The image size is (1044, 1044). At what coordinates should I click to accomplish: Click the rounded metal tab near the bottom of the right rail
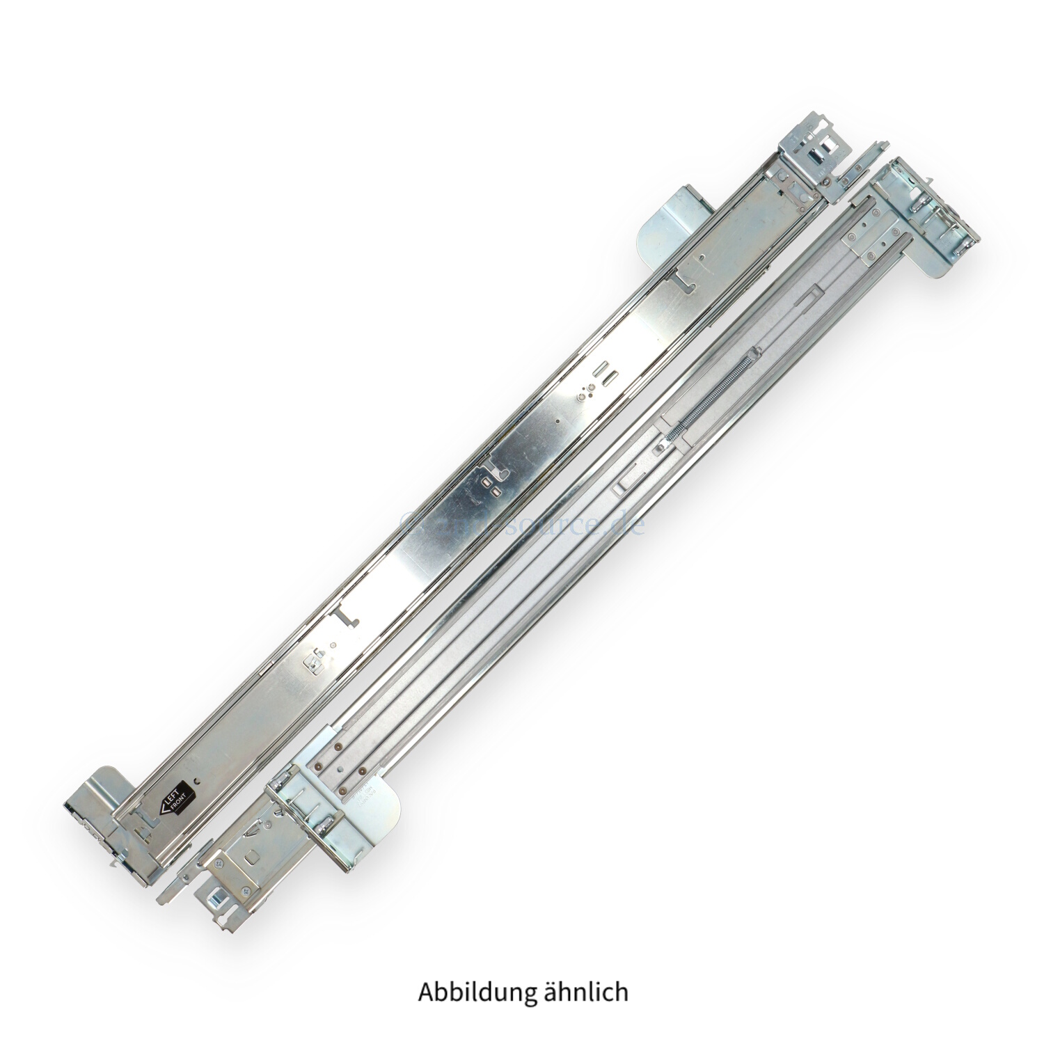pyautogui.click(x=379, y=808)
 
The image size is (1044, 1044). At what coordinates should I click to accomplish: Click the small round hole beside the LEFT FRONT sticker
pyautogui.click(x=199, y=780)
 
